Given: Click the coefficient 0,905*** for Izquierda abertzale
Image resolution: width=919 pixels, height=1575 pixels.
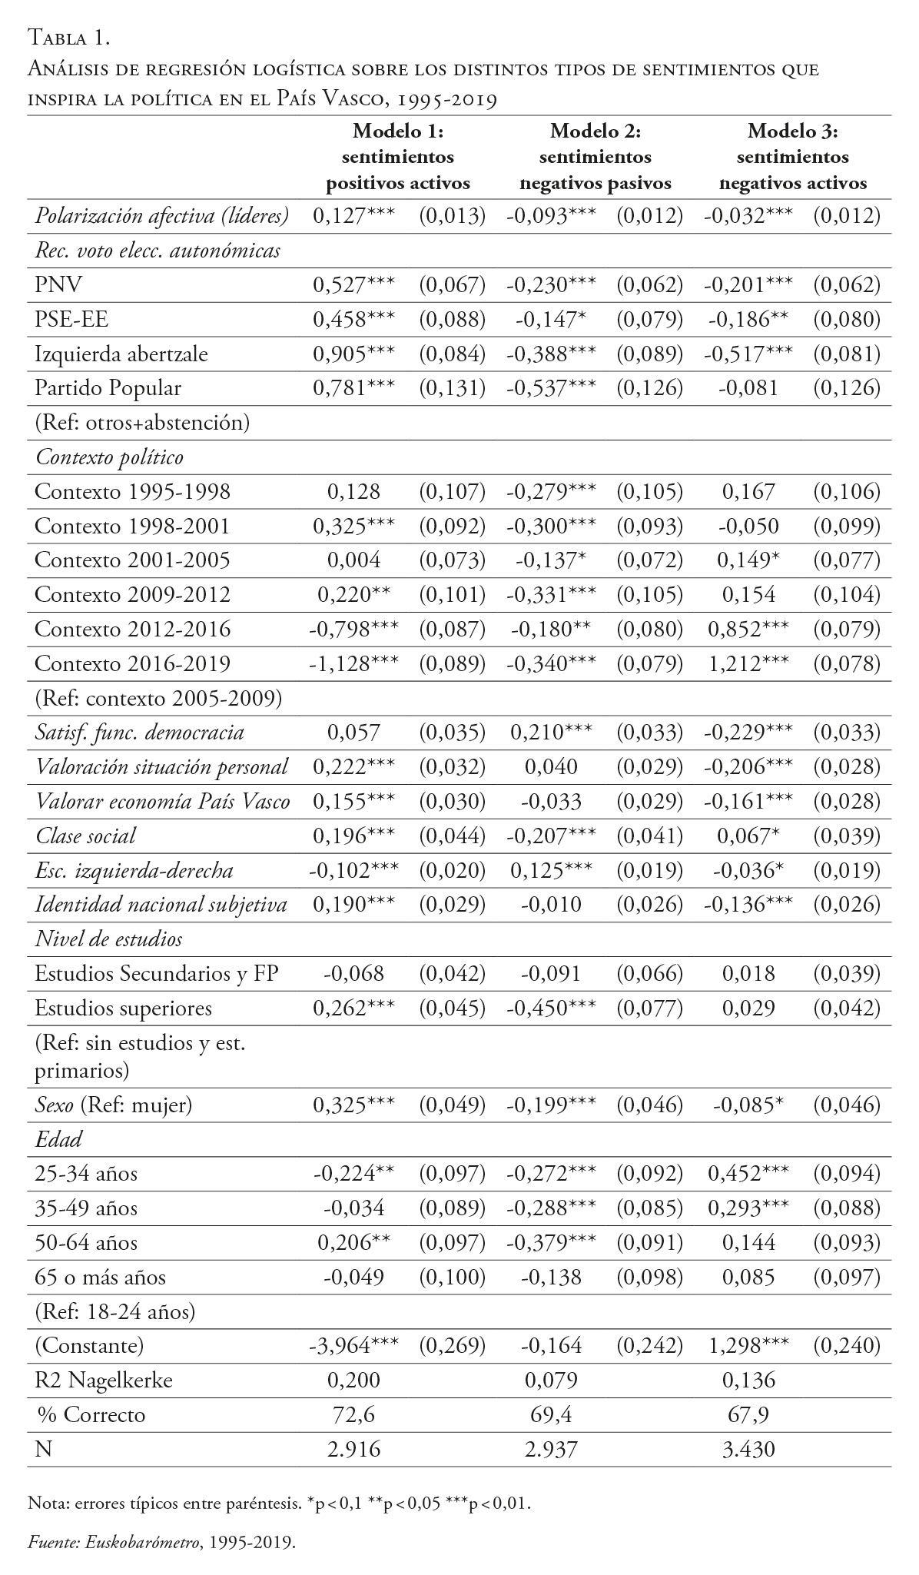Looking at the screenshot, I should (x=353, y=354).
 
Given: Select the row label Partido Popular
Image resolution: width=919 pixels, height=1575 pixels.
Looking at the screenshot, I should (x=108, y=388).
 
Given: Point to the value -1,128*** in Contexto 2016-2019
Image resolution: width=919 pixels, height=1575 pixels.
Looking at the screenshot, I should (x=353, y=663).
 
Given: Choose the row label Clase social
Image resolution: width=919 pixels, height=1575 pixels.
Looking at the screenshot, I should (x=85, y=836).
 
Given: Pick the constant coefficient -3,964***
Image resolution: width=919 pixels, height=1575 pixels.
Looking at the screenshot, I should (x=353, y=1345).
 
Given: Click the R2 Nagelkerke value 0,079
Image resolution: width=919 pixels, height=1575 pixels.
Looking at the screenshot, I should (x=551, y=1380).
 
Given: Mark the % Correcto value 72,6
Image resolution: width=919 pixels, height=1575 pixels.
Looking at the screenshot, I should (x=353, y=1414).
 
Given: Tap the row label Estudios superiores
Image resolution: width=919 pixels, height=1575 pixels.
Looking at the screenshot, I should (x=123, y=1008).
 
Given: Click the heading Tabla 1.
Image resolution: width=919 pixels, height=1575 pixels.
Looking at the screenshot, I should (x=71, y=36).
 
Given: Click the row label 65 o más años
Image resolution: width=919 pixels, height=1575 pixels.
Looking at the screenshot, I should (x=101, y=1277).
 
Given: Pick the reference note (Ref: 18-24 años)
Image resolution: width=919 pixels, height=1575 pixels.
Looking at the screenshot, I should (x=115, y=1311).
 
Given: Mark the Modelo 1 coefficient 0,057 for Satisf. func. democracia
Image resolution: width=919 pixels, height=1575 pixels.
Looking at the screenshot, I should (x=353, y=732).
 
